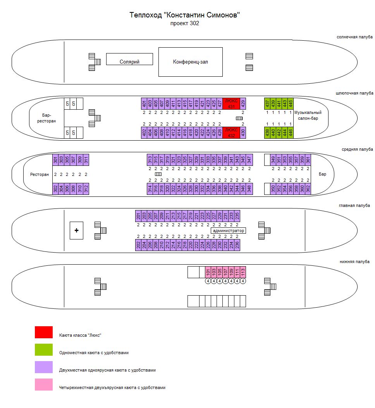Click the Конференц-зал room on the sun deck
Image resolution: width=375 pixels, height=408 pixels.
click(191, 62)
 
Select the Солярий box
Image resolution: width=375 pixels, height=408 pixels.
click(129, 59)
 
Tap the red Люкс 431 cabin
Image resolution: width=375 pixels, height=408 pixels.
click(231, 103)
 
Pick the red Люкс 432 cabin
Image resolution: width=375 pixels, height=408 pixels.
click(231, 133)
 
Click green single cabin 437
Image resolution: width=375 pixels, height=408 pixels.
click(267, 103)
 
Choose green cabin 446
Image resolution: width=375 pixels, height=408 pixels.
click(291, 133)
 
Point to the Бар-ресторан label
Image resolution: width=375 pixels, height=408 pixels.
click(46, 118)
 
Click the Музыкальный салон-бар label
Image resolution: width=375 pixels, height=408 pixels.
click(308, 115)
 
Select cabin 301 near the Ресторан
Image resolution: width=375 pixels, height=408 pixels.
click(55, 160)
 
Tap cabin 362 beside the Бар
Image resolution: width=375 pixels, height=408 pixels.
click(308, 189)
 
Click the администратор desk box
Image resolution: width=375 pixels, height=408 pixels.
click(228, 231)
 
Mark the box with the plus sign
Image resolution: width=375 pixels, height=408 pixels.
click(76, 231)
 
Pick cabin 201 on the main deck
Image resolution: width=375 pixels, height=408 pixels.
click(138, 216)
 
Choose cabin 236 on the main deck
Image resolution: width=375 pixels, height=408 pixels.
click(237, 245)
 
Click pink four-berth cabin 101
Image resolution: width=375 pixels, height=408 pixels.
click(208, 272)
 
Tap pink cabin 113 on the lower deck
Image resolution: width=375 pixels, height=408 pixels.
click(243, 272)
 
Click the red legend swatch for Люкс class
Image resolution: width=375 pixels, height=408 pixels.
click(44, 332)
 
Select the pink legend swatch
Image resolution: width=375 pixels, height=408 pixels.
click(44, 385)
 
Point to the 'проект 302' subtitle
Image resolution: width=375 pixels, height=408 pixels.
click(184, 23)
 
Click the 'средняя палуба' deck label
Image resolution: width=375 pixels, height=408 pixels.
click(357, 149)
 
